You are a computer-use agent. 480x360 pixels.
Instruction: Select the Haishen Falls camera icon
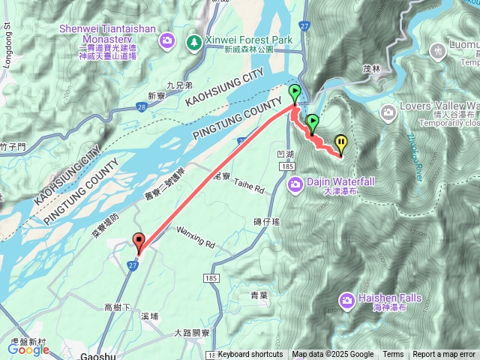pyautogui.click(x=346, y=300)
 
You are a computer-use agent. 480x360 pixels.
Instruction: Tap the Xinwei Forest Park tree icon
pyautogui.click(x=194, y=40)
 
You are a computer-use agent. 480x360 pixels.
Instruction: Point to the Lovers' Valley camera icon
pyautogui.click(x=388, y=113)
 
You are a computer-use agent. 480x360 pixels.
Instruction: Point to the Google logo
pyautogui.click(x=28, y=349)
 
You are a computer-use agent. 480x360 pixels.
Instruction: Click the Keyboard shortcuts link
pyautogui.click(x=250, y=355)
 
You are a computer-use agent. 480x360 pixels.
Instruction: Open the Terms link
pyautogui.click(x=393, y=355)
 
